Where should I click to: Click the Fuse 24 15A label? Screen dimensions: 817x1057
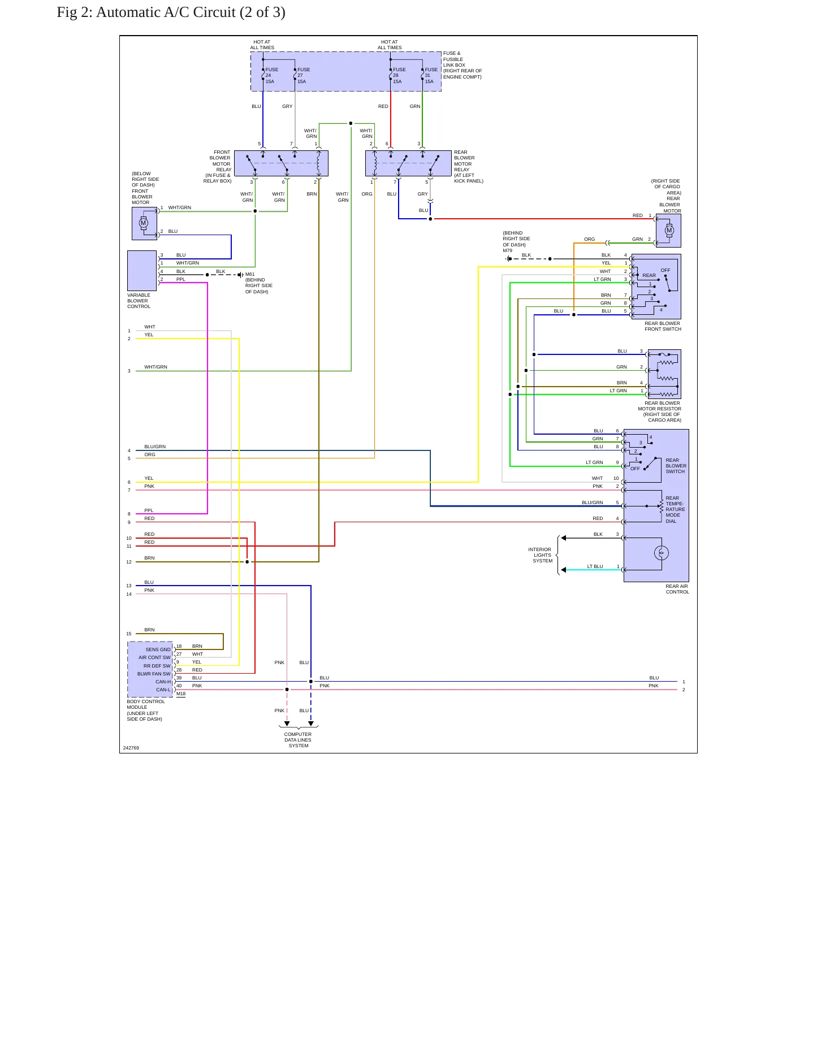pyautogui.click(x=272, y=76)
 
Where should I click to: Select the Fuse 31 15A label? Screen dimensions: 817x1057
pyautogui.click(x=431, y=76)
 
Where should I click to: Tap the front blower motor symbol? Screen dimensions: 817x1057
pyautogui.click(x=144, y=223)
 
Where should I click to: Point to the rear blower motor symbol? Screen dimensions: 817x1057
pyautogui.click(x=669, y=230)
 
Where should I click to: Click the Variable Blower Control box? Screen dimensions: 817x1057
pyautogui.click(x=142, y=271)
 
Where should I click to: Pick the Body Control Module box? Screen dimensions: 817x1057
pyautogui.click(x=150, y=669)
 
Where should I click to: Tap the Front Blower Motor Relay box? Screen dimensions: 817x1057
pyautogui.click(x=281, y=163)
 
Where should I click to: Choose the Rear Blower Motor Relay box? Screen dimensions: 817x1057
pyautogui.click(x=408, y=163)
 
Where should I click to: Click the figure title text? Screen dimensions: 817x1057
pyautogui.click(x=171, y=12)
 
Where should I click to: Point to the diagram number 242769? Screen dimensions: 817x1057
pyautogui.click(x=131, y=748)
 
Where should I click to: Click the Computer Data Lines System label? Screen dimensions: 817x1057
pyautogui.click(x=298, y=740)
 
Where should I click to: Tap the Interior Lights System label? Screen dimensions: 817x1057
pyautogui.click(x=540, y=555)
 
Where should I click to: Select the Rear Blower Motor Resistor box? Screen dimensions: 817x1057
pyautogui.click(x=664, y=374)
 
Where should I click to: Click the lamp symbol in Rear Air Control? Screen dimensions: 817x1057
pyautogui.click(x=662, y=553)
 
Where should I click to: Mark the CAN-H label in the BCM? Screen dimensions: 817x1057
pyautogui.click(x=163, y=682)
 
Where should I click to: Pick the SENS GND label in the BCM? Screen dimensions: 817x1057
pyautogui.click(x=158, y=649)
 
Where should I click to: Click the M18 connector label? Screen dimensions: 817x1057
pyautogui.click(x=181, y=694)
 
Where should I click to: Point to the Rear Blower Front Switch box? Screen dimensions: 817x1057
pyautogui.click(x=656, y=287)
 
